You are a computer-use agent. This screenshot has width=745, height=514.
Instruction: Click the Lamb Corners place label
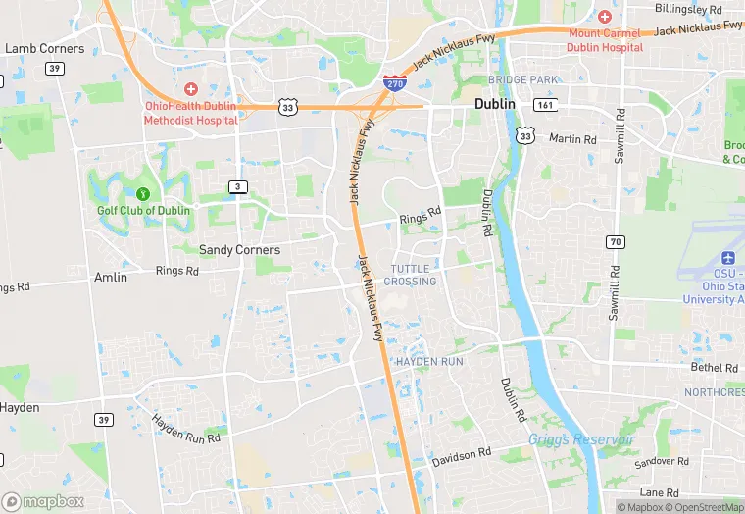pos(45,48)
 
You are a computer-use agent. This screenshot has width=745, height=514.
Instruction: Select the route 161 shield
pos(546,104)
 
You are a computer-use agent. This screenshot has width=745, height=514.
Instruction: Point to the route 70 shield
pos(616,241)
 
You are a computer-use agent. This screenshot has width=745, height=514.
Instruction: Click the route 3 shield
pos(237,186)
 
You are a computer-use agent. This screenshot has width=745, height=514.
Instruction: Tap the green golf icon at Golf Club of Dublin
pos(143,194)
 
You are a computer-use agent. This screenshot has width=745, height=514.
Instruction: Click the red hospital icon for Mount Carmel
pos(604,17)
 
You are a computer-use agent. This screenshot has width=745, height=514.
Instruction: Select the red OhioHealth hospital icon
pos(190,89)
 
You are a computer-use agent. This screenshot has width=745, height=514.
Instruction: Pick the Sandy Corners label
pos(239,250)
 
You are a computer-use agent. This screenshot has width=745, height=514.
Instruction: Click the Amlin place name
pos(111,278)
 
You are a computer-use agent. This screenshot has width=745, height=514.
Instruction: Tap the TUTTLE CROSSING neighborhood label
pos(411,275)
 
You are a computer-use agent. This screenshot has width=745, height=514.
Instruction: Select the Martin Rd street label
pos(572,139)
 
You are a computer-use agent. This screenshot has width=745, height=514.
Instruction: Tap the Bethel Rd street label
pos(714,368)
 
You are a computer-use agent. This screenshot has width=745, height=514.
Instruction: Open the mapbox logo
pos(43,501)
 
